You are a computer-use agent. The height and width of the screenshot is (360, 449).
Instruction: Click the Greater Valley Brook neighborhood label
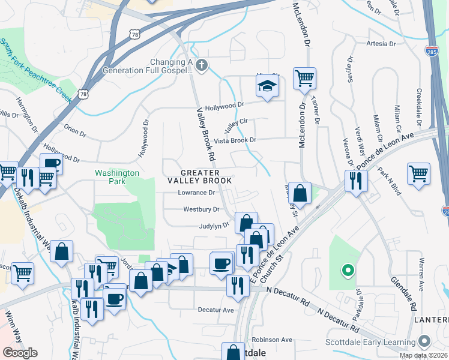tap(199, 176)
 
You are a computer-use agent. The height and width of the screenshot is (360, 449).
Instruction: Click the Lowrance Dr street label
tap(196, 193)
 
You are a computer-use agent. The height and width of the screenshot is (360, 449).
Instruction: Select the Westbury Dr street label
tap(200, 209)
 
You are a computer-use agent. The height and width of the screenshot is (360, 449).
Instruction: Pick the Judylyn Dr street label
tap(214, 226)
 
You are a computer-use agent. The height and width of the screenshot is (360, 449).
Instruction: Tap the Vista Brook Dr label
tap(235, 140)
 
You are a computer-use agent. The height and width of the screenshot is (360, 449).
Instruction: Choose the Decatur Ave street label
tap(215, 310)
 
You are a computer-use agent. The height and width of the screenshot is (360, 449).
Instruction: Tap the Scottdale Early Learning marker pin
tap(425, 340)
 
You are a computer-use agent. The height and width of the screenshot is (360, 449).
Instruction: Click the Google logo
tap(20, 352)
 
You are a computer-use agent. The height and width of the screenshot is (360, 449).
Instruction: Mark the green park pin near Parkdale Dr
tap(346, 270)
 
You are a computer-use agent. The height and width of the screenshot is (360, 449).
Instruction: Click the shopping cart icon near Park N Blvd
tap(418, 173)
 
